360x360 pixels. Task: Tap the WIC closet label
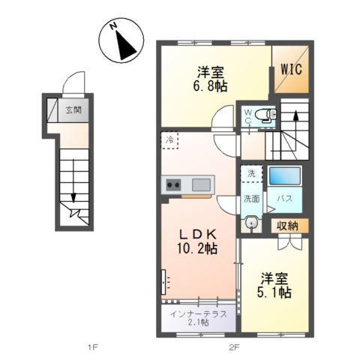[x=291, y=68]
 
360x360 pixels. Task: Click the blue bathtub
[x=286, y=176]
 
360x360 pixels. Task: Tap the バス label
[x=286, y=199]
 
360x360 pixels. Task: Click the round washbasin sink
[x=251, y=223]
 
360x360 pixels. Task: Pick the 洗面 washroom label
[x=250, y=199]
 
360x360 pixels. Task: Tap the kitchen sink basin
[x=201, y=184]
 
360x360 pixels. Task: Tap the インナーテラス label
[x=199, y=313]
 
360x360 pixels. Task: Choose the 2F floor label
[x=234, y=346]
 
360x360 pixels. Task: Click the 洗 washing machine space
[x=250, y=172]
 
